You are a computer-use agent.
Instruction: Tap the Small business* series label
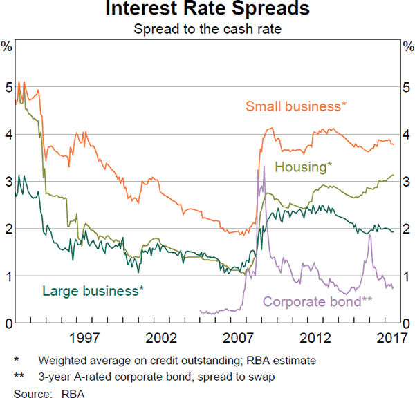pos(296,106)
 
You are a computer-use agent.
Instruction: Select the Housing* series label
pos(304,167)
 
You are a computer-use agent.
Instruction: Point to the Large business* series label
pos(93,290)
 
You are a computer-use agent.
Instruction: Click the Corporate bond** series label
pos(317,301)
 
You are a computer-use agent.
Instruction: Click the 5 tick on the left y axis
pos(8,88)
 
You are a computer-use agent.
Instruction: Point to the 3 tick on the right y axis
pos(407,182)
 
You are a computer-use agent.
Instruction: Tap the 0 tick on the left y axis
pos(8,323)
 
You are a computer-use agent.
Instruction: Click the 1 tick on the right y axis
pos(407,276)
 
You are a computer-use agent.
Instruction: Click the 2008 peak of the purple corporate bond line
pos(264,167)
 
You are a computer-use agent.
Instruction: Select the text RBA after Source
pos(70,391)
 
